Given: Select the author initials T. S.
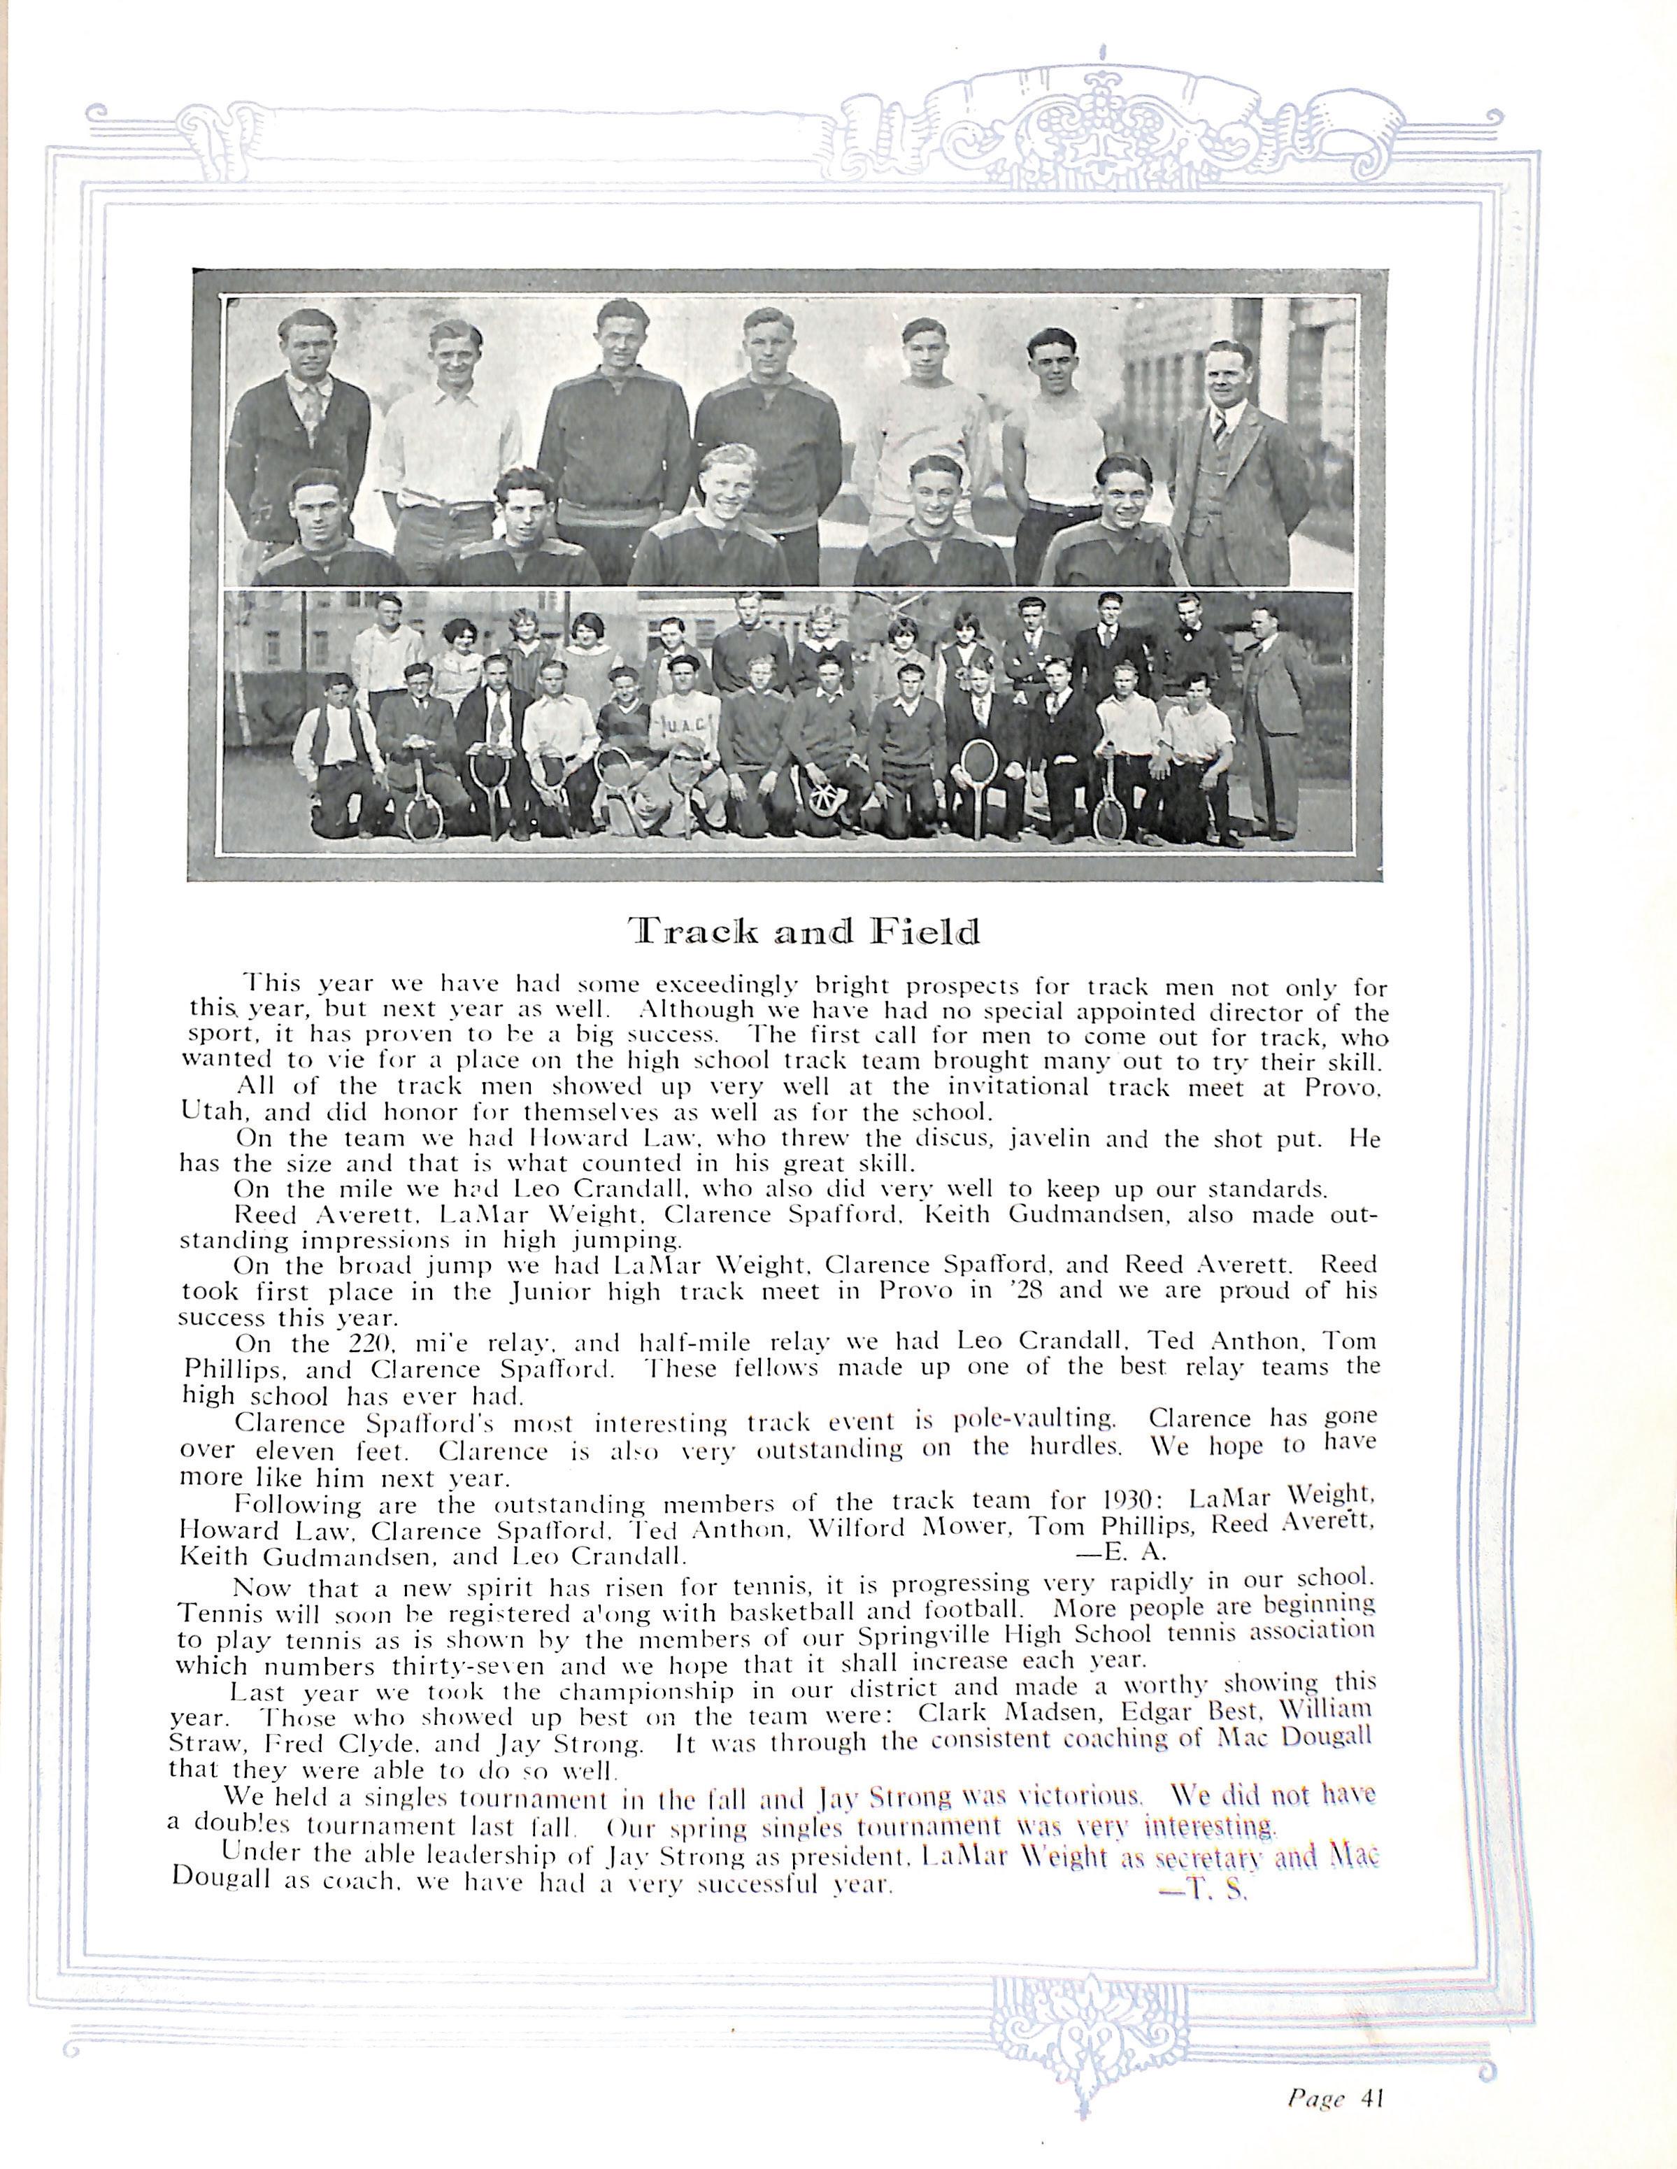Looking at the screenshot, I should (x=1204, y=1890).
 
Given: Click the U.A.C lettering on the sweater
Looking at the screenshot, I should (x=681, y=725).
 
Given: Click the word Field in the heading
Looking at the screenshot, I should (x=923, y=932).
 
